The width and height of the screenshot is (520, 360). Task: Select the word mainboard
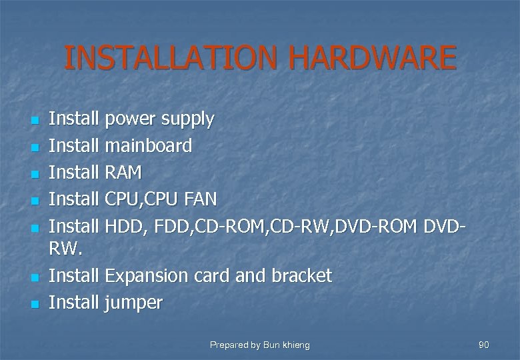[x=149, y=145]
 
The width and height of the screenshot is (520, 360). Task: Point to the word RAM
[x=123, y=172]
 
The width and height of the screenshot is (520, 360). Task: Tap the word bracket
[x=301, y=276]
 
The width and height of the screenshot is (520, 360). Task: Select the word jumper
[x=133, y=303]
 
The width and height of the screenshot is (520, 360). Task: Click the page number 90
[x=484, y=345]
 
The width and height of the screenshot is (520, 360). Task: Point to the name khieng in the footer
[x=295, y=345]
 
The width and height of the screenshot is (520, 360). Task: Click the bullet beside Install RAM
[x=35, y=174]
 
